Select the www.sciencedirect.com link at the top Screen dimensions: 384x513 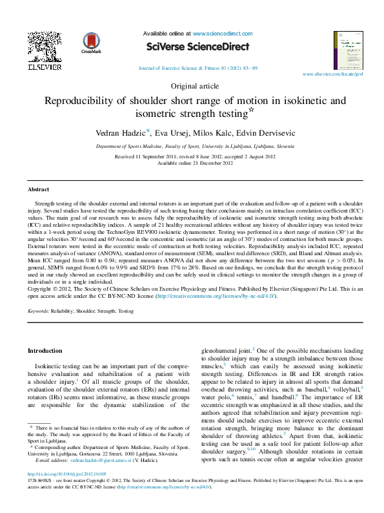point(219,32)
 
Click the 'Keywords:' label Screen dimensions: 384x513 point(39,311)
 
